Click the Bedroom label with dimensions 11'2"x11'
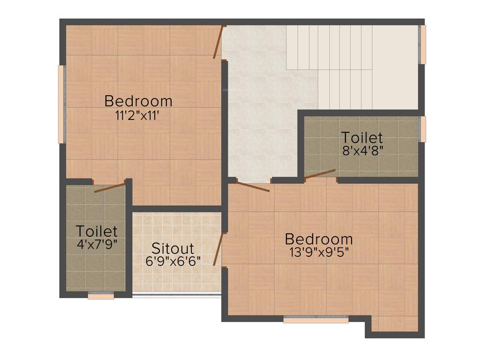[138, 101]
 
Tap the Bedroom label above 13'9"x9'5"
[319, 239]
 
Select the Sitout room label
[172, 248]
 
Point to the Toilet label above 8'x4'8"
[361, 138]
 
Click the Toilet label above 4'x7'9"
[97, 231]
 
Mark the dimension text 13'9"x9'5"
[319, 252]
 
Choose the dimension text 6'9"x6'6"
[173, 261]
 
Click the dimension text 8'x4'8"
[361, 150]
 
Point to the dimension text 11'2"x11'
[138, 115]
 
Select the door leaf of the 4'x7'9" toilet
[110, 187]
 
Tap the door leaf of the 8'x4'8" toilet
[320, 174]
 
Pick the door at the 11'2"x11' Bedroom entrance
[218, 42]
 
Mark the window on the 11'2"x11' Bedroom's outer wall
[61, 104]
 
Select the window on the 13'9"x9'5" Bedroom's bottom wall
[316, 320]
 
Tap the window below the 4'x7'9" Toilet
[101, 296]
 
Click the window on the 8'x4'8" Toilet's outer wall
[423, 129]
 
